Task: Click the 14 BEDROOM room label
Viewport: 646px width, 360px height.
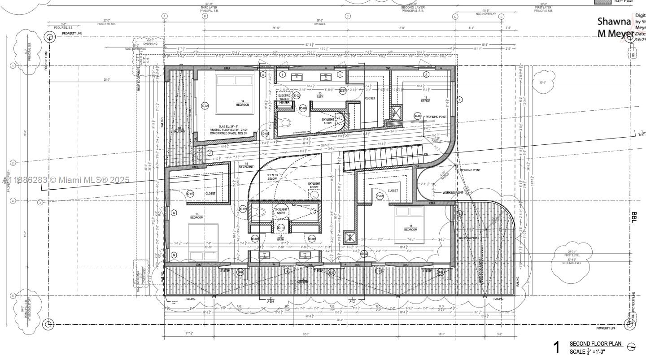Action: tap(242, 103)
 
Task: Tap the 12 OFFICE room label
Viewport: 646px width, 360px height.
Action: tap(425, 99)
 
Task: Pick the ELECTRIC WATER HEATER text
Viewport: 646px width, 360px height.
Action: tap(285, 99)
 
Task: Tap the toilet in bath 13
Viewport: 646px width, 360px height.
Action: tap(285, 122)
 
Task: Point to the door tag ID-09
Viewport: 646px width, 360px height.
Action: tap(303, 108)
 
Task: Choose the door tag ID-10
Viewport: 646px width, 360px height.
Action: tap(281, 227)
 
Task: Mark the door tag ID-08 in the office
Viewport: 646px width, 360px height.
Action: tap(417, 117)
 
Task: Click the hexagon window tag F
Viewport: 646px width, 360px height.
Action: tap(459, 99)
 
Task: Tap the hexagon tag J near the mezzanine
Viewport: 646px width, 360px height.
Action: tap(209, 152)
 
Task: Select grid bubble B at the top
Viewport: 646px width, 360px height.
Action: tap(205, 16)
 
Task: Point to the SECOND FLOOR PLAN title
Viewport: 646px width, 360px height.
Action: tap(595, 344)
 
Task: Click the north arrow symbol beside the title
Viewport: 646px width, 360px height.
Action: tap(631, 346)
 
